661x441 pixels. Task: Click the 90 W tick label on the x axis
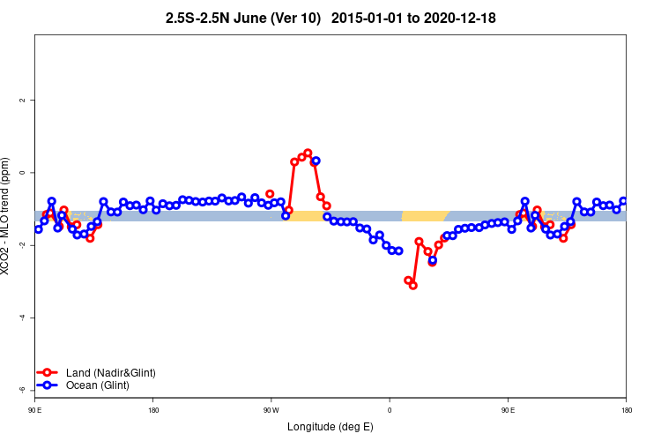(x=271, y=410)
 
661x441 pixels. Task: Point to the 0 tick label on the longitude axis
(x=390, y=410)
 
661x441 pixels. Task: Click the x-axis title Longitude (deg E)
(x=330, y=428)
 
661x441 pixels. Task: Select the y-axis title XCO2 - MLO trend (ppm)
(x=8, y=216)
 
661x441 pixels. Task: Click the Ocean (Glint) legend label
(x=92, y=385)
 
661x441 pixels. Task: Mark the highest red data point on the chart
(x=308, y=153)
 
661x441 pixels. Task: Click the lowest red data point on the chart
(x=412, y=285)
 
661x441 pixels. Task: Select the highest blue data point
(x=316, y=161)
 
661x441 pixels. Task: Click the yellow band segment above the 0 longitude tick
(x=423, y=216)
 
